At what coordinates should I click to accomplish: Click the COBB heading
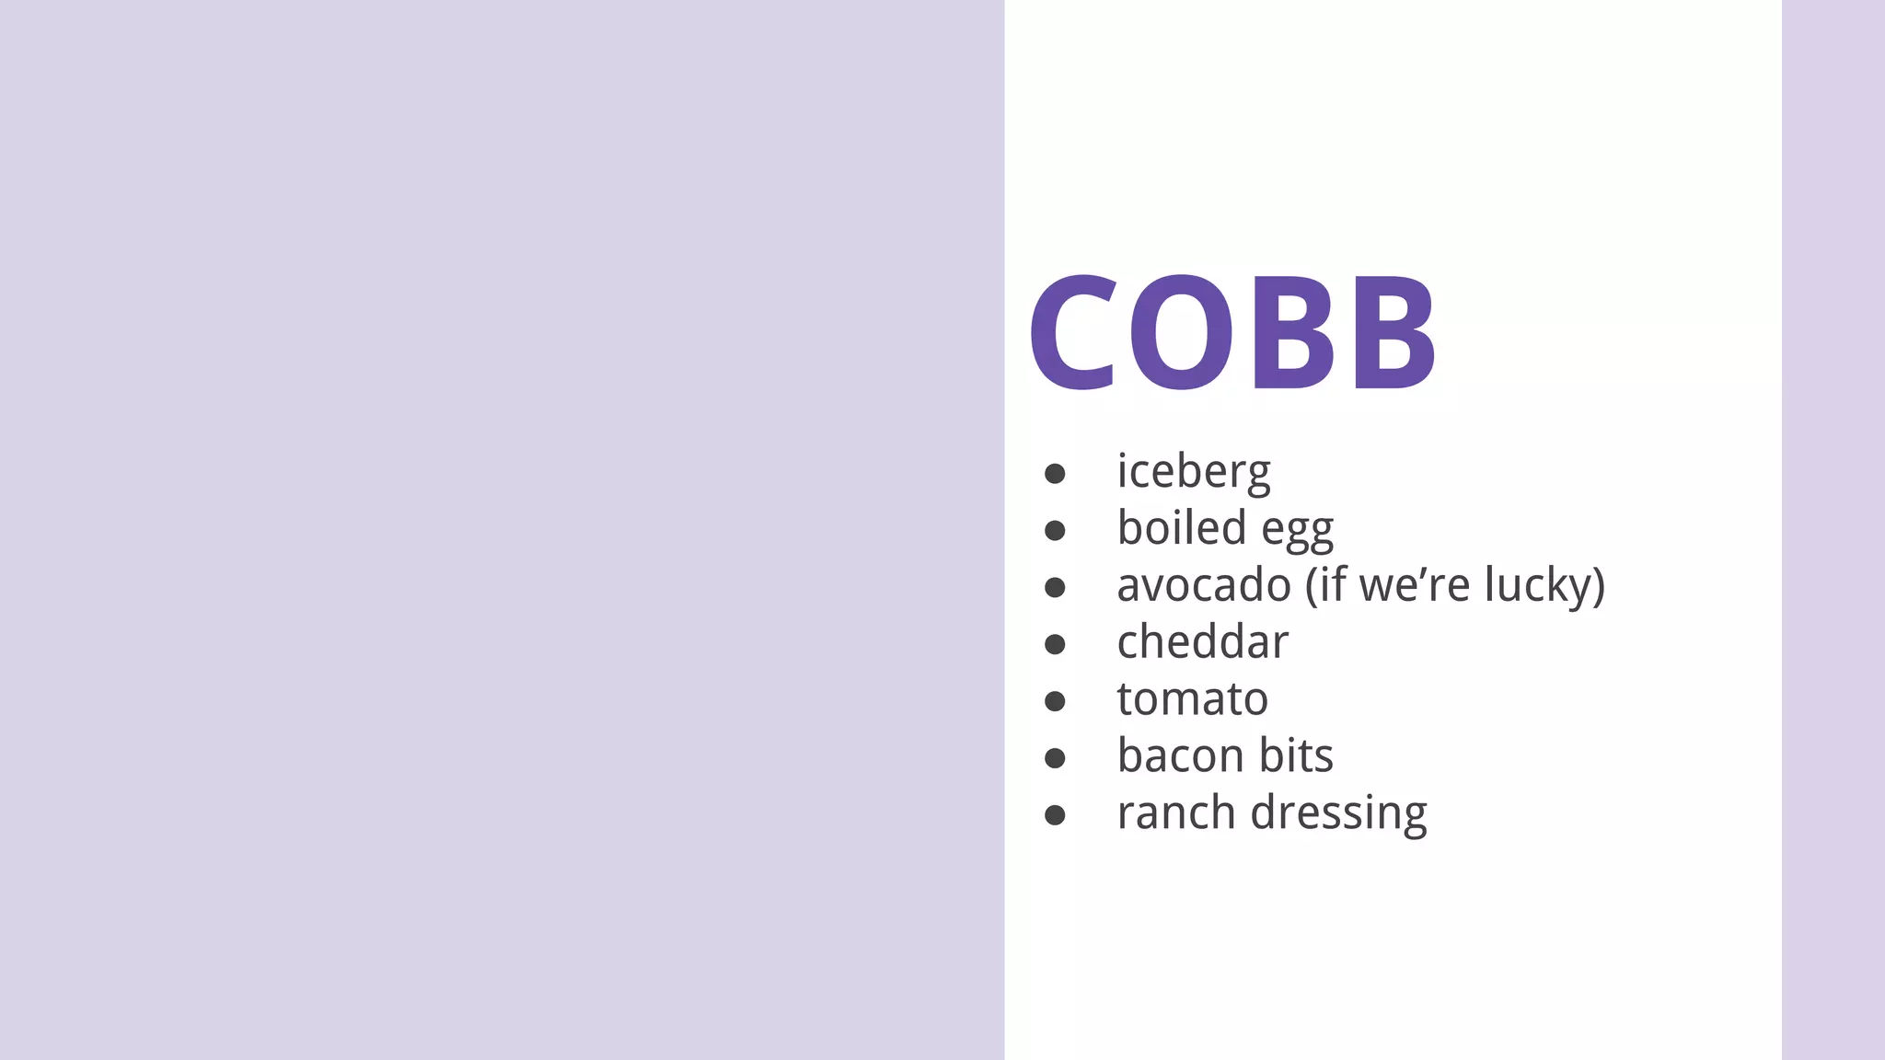(1232, 333)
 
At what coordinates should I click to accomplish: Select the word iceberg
(1193, 472)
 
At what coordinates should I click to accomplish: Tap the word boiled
(1182, 528)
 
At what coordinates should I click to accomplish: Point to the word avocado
(1204, 585)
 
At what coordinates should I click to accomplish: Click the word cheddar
(1202, 642)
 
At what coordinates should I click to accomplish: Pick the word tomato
(1192, 699)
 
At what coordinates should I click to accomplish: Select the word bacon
(1181, 756)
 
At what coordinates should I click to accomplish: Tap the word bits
(1296, 756)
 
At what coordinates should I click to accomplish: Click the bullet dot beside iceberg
(1055, 474)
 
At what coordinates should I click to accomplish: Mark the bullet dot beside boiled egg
(1055, 531)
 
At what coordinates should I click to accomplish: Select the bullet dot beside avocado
(1055, 588)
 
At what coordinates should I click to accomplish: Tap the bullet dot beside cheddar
(1055, 645)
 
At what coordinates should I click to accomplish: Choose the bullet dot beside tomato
(1055, 702)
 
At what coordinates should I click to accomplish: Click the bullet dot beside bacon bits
(1055, 759)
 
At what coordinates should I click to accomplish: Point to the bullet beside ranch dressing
(1055, 816)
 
